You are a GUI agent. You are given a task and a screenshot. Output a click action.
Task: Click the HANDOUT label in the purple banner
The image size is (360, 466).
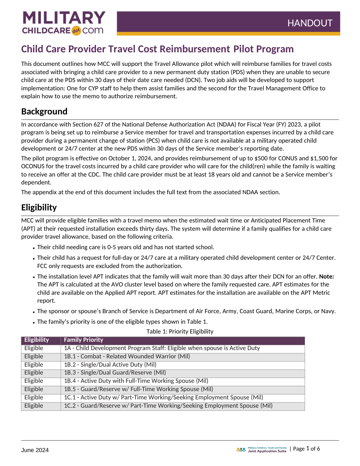(310, 23)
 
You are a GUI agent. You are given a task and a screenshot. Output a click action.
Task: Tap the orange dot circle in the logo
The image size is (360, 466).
(76, 31)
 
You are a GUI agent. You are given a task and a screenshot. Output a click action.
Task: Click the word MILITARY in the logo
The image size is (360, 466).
(64, 18)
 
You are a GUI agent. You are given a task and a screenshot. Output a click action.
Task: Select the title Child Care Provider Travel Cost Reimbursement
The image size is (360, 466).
(125, 49)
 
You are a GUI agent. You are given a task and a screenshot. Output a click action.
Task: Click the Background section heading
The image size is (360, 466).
(44, 111)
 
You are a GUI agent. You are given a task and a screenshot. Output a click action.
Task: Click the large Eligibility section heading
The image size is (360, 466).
(39, 207)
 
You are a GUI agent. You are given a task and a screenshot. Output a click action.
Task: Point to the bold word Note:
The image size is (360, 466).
(326, 277)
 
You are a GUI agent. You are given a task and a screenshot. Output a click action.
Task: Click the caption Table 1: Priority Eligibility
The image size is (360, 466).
(180, 332)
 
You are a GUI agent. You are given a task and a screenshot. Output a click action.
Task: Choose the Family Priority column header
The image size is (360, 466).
(83, 340)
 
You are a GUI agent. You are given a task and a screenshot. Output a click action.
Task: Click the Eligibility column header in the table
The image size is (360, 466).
(37, 340)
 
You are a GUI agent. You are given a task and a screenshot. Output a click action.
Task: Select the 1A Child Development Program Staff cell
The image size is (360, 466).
(162, 348)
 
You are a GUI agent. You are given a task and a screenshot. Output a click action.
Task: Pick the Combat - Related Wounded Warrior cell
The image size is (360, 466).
(127, 356)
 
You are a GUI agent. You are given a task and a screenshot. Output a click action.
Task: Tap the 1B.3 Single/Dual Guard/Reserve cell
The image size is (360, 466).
(115, 373)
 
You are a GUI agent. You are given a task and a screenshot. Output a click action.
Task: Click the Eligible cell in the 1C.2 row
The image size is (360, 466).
(34, 406)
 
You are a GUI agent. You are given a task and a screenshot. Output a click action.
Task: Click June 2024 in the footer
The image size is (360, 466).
(35, 450)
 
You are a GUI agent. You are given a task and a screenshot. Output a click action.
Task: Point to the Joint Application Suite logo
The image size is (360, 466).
(261, 449)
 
